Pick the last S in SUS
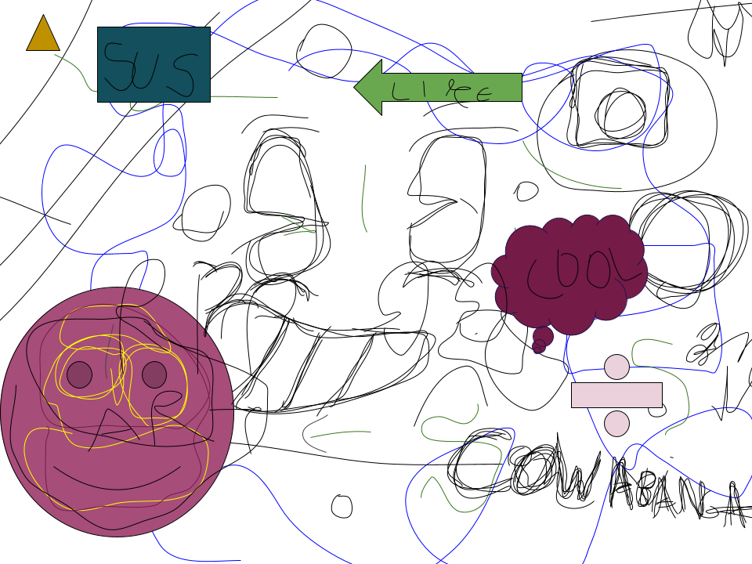pyautogui.click(x=183, y=73)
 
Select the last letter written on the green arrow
pyautogui.click(x=483, y=94)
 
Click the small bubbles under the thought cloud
pyautogui.click(x=541, y=341)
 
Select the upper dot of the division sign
pyautogui.click(x=616, y=367)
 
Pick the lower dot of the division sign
pyautogui.click(x=616, y=424)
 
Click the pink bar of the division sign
pyautogui.click(x=616, y=395)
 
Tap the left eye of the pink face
pyautogui.click(x=79, y=374)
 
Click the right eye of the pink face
pyautogui.click(x=154, y=374)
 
